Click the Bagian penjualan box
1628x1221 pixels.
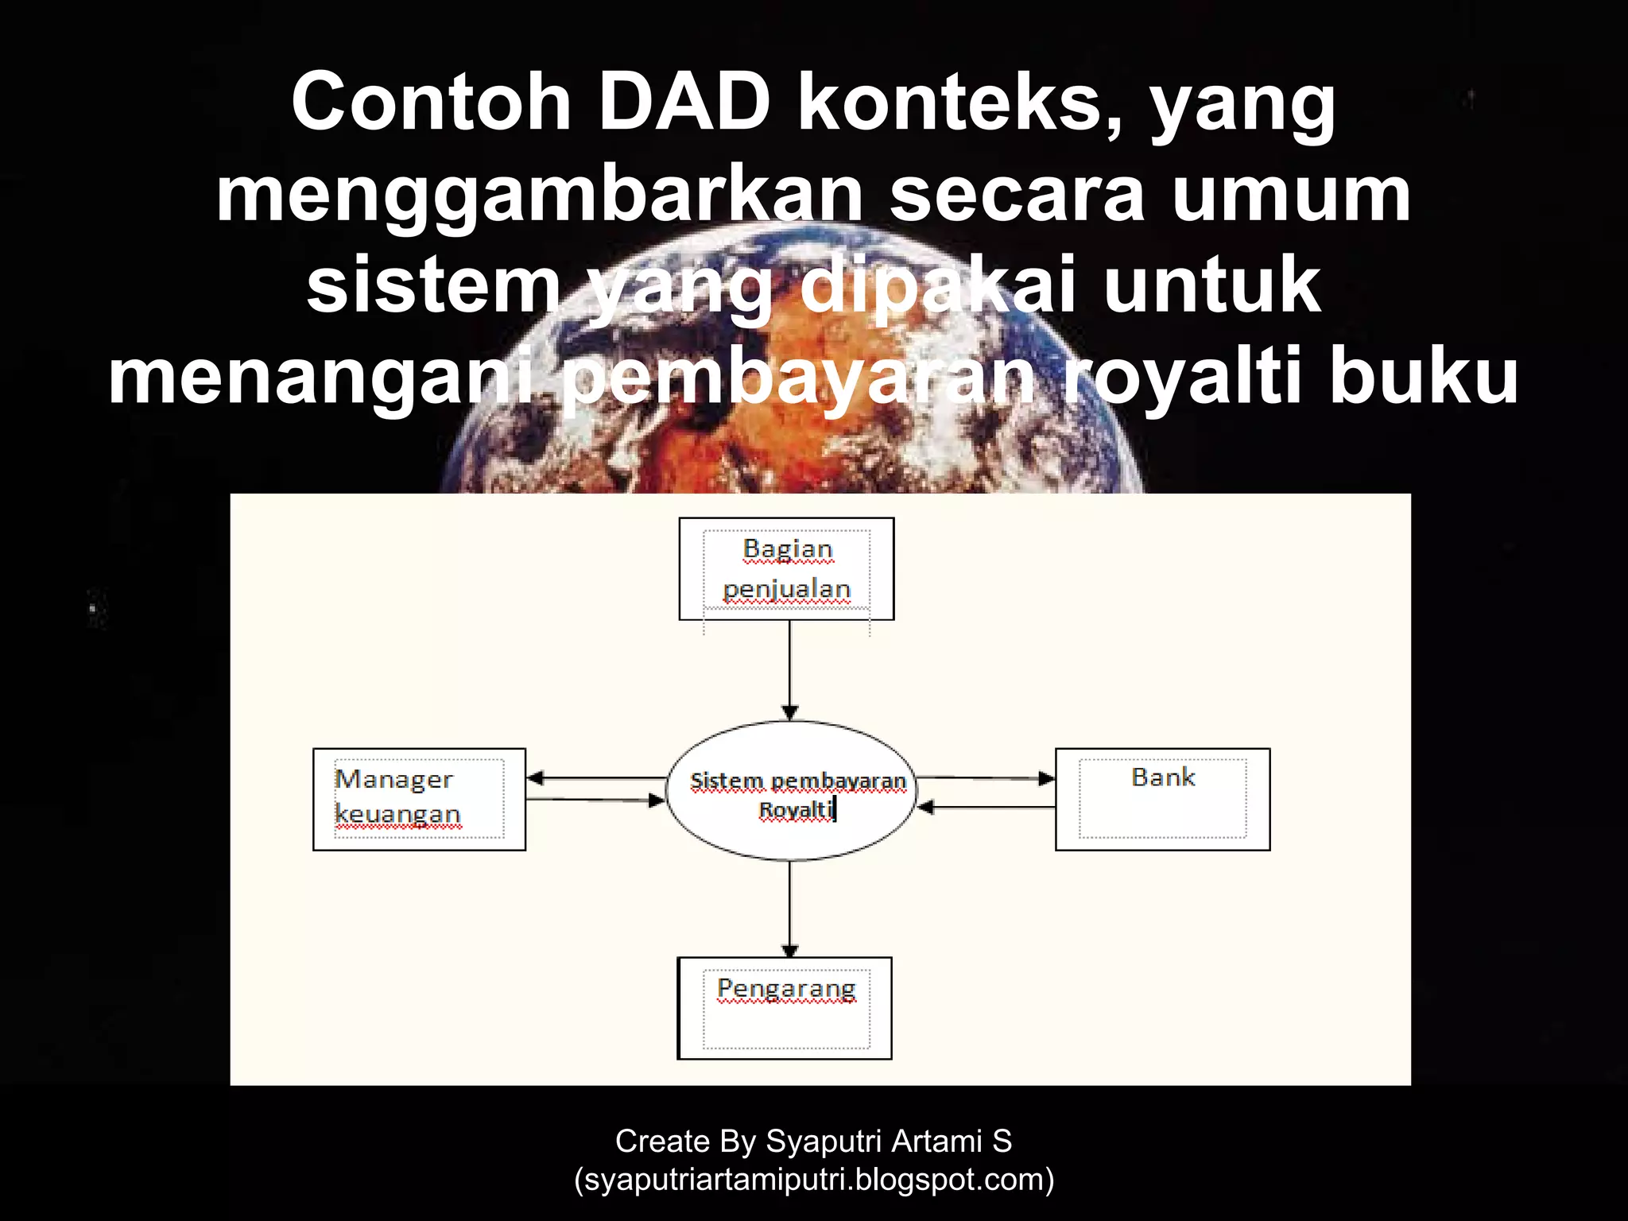(x=786, y=568)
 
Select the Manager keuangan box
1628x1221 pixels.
(x=419, y=799)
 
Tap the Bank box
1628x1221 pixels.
(x=1162, y=799)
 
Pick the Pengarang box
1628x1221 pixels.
(x=785, y=1007)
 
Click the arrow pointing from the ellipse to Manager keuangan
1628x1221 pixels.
(x=596, y=778)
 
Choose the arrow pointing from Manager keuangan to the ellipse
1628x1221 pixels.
(x=596, y=800)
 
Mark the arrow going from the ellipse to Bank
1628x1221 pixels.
(x=986, y=778)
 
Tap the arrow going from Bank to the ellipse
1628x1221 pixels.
(x=986, y=808)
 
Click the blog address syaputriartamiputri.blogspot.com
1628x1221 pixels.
(x=814, y=1180)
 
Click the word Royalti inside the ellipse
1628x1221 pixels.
(x=795, y=810)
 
